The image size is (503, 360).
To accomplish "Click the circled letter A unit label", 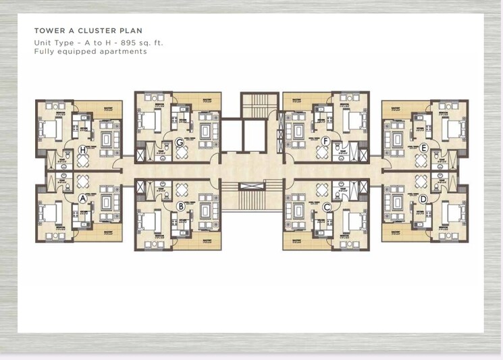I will coord(83,199).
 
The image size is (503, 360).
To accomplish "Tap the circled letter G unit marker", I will coord(180,142).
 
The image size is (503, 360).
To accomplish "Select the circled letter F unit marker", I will coord(325,141).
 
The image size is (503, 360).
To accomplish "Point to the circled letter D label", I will coord(423,199).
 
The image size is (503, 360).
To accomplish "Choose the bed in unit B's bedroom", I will coord(150,220).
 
